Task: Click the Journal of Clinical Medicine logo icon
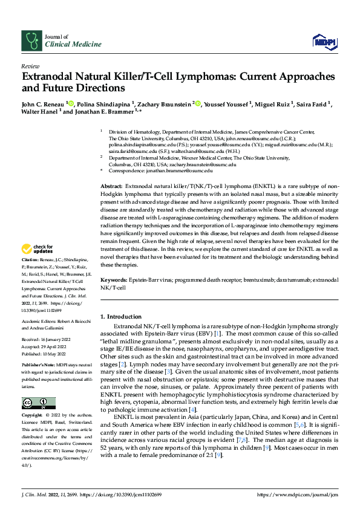point(31,41)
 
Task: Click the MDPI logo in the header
point(321,41)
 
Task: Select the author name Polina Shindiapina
point(104,104)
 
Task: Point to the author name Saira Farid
point(312,104)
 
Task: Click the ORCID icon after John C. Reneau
point(71,103)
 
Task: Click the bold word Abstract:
point(111,187)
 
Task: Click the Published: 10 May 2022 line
point(45,353)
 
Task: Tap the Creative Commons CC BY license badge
point(35,404)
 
